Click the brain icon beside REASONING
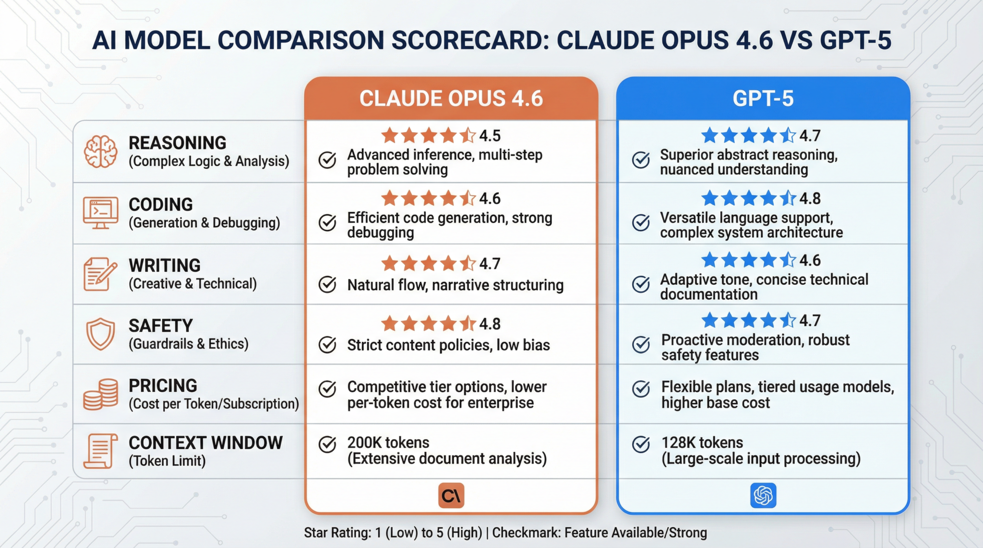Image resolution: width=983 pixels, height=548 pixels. pos(100,152)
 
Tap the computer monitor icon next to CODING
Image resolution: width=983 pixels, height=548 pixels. pos(100,212)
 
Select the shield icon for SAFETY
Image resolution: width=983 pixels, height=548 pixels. pos(100,334)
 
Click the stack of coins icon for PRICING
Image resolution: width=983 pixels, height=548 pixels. pos(100,394)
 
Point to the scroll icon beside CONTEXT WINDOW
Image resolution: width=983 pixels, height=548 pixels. pos(100,451)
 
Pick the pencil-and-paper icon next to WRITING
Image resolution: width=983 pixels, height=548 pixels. pos(100,274)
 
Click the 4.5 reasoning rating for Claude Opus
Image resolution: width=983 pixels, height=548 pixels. pos(490,136)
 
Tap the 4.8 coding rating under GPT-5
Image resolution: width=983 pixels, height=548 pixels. pos(810,198)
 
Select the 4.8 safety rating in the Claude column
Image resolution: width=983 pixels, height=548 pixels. pos(490,324)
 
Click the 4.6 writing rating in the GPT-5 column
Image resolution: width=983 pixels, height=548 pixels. pos(810,260)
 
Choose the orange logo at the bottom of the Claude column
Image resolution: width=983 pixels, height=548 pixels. pos(451,495)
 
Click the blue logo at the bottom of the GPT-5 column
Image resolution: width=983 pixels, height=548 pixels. pos(763,495)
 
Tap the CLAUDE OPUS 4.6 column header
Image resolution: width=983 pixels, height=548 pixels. pos(451,98)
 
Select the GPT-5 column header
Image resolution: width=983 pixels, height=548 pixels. pos(763,98)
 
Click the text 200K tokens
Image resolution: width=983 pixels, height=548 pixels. pos(388,443)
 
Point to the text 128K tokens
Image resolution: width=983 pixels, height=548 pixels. pos(702,443)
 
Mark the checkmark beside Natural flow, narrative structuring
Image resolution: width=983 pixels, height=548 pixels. pos(327,284)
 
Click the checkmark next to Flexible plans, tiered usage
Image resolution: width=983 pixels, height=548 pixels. pos(641,388)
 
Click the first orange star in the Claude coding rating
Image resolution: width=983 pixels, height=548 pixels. pos(390,198)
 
